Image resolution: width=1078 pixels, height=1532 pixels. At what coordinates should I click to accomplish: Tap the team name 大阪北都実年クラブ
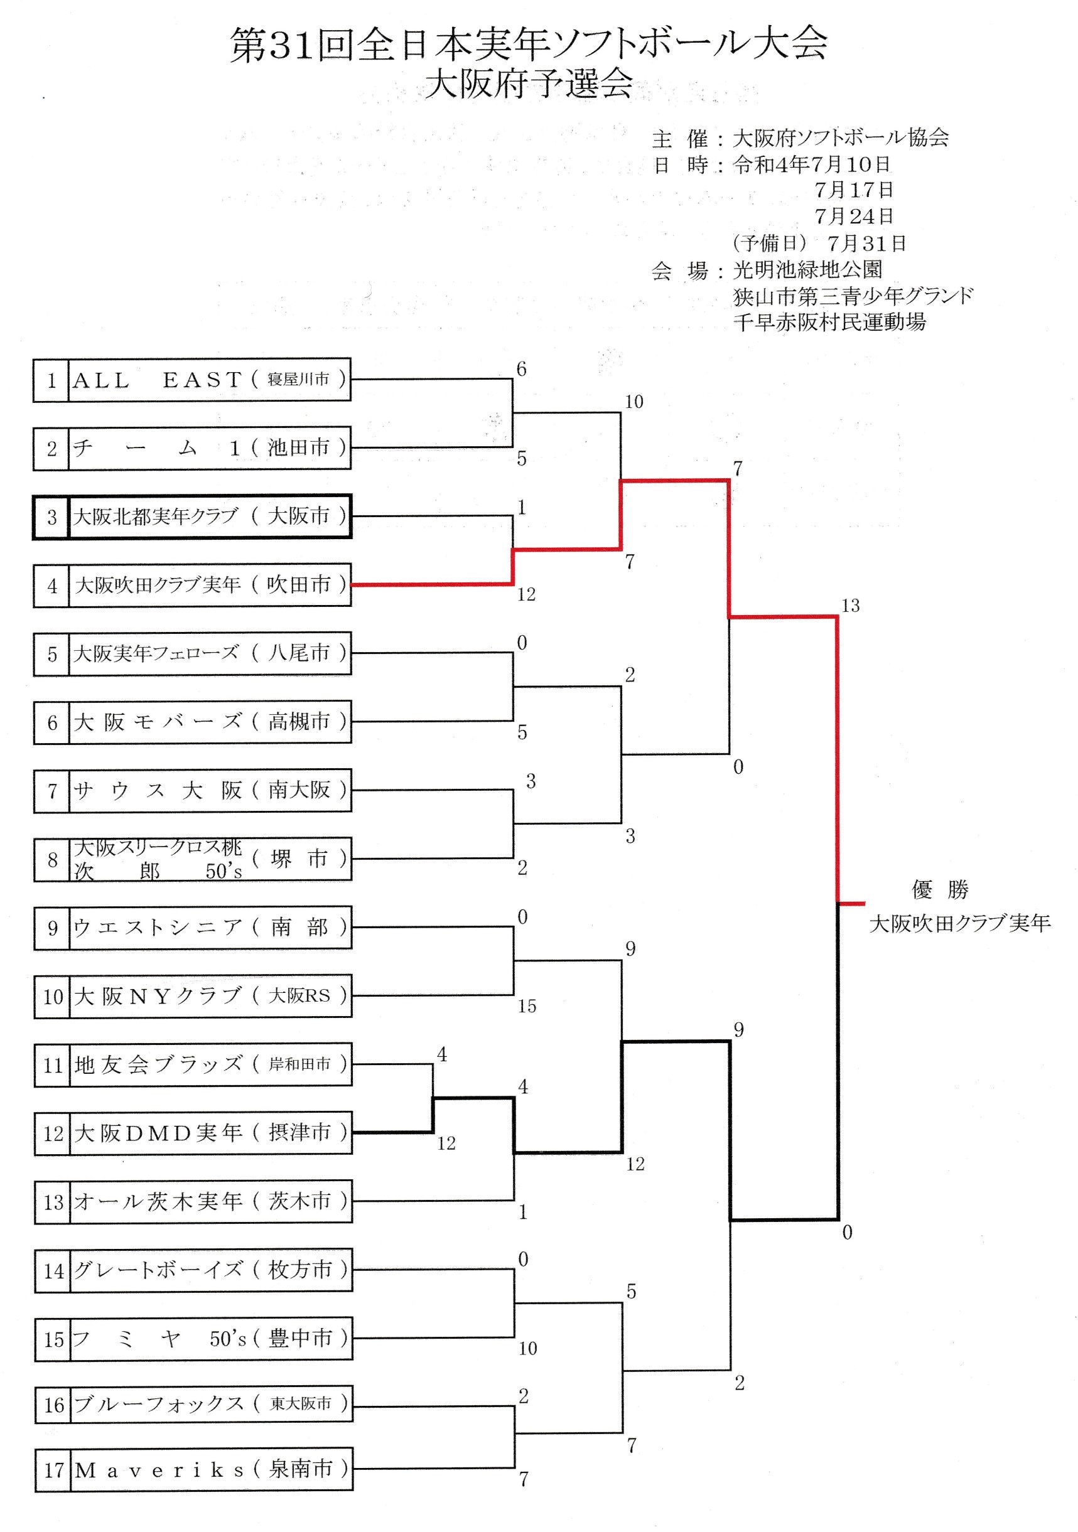tap(156, 517)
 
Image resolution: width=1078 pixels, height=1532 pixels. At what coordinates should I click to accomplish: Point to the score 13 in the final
tap(849, 606)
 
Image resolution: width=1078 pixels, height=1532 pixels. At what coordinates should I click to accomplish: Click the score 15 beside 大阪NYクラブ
tap(527, 1005)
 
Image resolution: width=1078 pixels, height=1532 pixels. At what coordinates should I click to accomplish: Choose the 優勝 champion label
tap(939, 889)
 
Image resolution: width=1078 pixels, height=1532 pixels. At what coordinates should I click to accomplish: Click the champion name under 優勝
tap(959, 923)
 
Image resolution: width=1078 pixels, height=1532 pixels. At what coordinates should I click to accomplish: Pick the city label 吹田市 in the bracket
tap(298, 585)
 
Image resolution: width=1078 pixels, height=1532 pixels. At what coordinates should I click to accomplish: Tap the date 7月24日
tap(853, 216)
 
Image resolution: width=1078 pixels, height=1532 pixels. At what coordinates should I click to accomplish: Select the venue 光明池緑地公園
tap(807, 270)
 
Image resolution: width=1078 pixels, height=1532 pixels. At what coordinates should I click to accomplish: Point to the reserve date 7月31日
tap(866, 243)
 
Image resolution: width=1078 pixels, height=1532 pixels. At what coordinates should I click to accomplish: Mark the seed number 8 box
tap(52, 860)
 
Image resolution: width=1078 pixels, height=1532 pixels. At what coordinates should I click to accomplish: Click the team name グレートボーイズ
tap(158, 1270)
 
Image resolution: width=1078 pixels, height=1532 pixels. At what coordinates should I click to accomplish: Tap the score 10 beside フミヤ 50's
tap(527, 1349)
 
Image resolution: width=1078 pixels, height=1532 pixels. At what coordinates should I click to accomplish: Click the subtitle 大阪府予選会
tap(529, 85)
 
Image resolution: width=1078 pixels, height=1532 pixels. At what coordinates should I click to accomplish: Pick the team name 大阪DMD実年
tap(158, 1133)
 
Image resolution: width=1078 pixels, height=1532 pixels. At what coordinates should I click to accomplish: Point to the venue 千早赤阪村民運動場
tap(829, 323)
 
